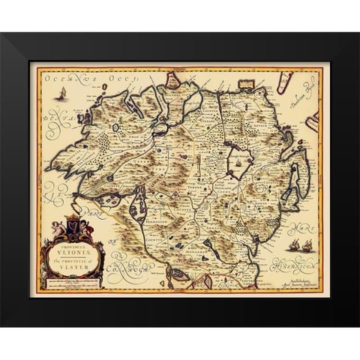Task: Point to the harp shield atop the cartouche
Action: point(74,223)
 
